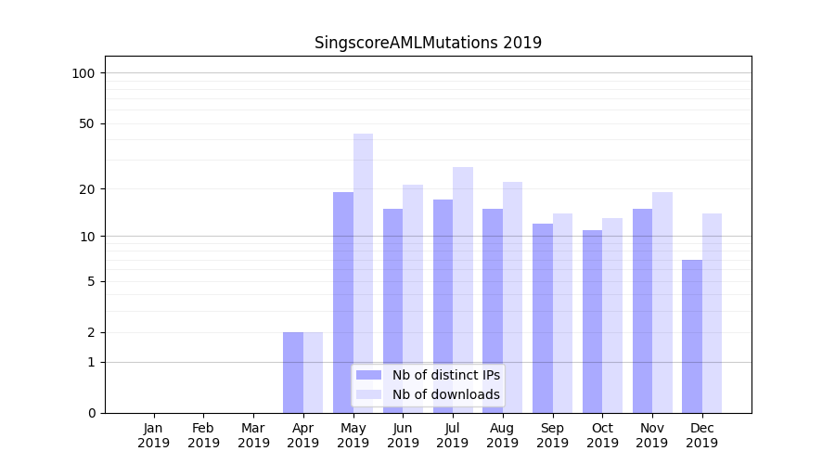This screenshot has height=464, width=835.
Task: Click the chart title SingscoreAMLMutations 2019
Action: coord(428,43)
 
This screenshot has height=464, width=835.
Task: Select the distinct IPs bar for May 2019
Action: coord(343,302)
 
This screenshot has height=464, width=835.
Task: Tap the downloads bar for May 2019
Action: coord(363,273)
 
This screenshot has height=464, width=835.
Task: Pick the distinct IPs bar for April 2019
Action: coord(293,372)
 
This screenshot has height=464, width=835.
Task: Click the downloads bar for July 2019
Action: coord(463,290)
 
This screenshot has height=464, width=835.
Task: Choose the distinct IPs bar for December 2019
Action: coord(692,336)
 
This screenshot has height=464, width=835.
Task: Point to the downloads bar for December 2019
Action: coord(712,313)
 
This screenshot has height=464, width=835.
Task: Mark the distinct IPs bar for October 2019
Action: coord(593,321)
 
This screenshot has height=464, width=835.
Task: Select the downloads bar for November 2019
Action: coord(662,302)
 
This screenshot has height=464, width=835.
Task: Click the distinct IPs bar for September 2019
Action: coord(543,317)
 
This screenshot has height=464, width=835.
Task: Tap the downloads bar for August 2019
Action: coord(513,297)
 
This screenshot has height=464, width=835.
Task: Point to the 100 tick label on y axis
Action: coord(83,73)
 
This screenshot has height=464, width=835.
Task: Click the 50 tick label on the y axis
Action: coord(87,123)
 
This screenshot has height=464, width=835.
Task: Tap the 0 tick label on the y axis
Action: coord(91,413)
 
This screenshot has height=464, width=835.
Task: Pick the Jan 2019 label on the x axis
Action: coord(154,435)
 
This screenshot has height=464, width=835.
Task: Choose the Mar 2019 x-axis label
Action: coord(253,435)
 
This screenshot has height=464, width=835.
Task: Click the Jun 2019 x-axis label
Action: coord(403,435)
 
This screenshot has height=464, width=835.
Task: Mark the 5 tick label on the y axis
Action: coord(91,281)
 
